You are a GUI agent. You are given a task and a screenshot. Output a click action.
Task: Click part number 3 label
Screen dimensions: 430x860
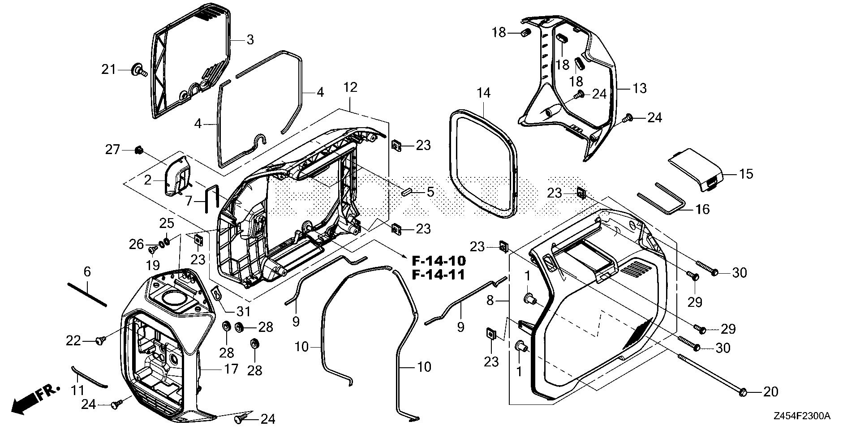click(x=250, y=40)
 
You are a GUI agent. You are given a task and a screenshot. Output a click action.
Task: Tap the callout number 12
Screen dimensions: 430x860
click(x=350, y=87)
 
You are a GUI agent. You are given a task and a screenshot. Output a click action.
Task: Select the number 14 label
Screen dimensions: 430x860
click(x=483, y=93)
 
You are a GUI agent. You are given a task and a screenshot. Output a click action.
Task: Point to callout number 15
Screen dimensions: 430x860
click(x=746, y=174)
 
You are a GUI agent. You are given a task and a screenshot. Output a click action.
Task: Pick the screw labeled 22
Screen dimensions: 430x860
click(x=100, y=341)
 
